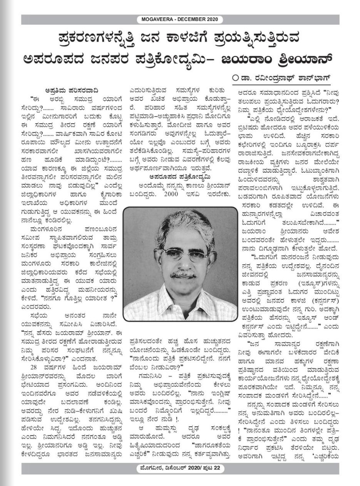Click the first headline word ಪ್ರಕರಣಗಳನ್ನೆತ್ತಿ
pyautogui.click(x=90, y=40)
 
